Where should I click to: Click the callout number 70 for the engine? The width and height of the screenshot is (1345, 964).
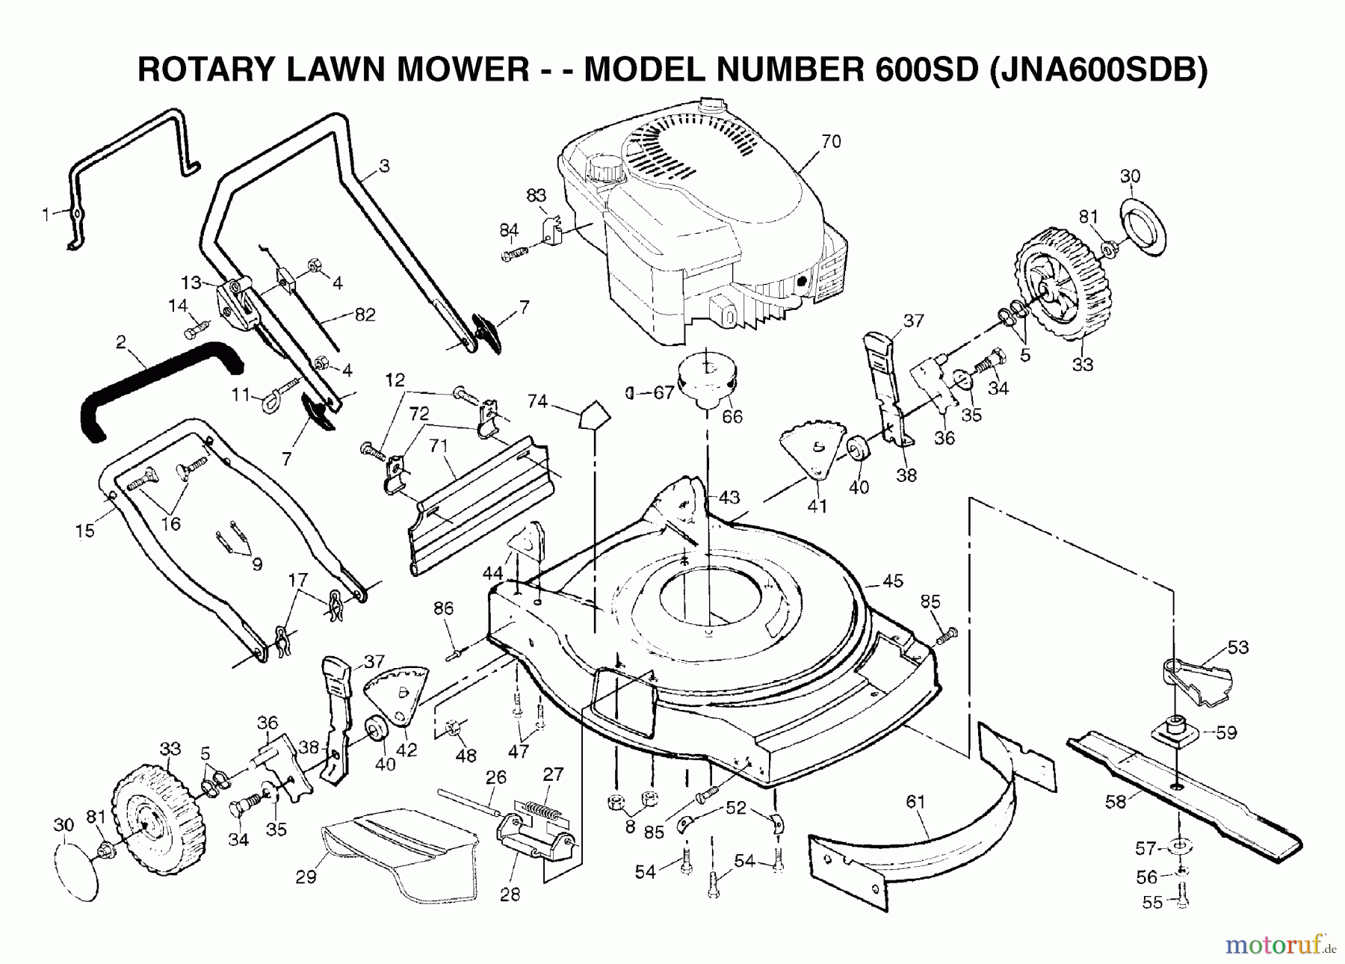coord(831,141)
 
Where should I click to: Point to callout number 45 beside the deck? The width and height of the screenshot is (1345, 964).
coord(893,581)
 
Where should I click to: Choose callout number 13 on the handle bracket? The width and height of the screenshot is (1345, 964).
coord(191,282)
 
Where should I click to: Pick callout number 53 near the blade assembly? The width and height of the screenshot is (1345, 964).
coord(1238,647)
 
